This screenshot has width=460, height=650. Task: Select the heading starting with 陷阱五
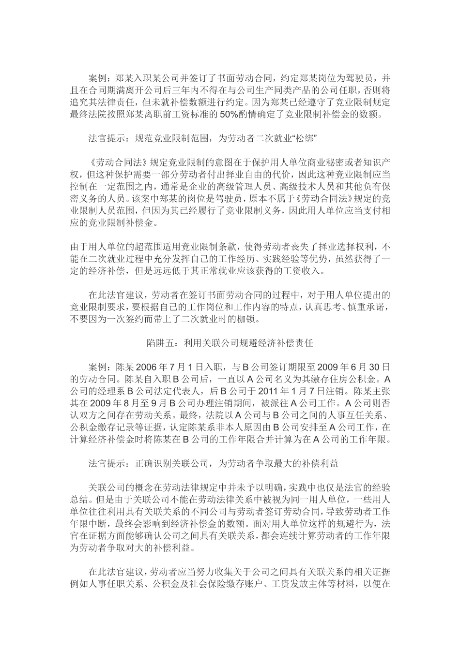point(230,344)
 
